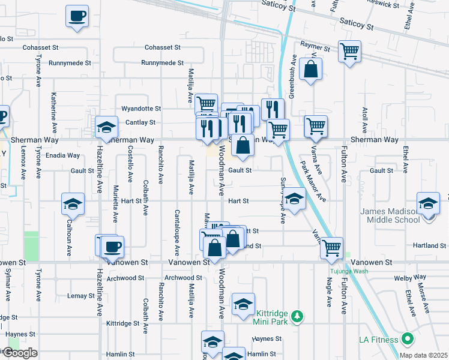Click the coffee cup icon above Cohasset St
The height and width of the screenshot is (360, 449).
click(x=77, y=17)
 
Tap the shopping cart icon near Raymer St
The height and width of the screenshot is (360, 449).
click(x=349, y=51)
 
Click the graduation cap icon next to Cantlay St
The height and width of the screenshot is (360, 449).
click(x=106, y=127)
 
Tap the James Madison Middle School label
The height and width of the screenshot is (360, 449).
click(x=390, y=215)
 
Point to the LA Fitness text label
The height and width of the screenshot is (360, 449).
click(x=378, y=340)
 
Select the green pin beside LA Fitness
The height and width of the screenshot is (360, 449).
click(x=408, y=339)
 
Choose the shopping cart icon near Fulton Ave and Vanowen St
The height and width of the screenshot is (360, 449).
click(x=331, y=247)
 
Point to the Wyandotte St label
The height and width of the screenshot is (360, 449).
click(x=141, y=109)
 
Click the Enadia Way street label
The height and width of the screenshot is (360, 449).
click(x=62, y=155)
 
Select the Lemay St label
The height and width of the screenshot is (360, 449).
click(x=77, y=296)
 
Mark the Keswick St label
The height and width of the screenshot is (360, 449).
click(x=383, y=4)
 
